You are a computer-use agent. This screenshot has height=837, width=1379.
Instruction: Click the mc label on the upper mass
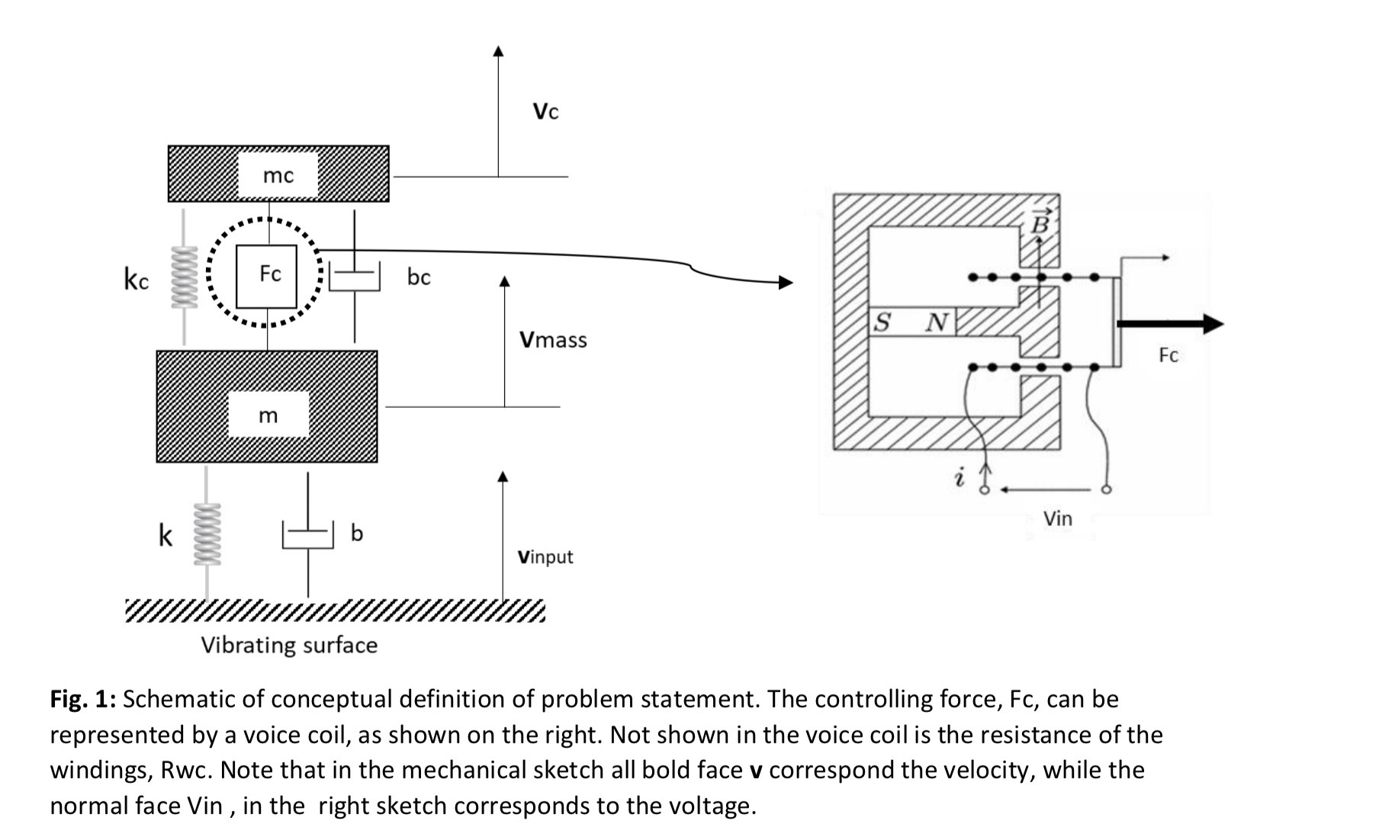pos(278,176)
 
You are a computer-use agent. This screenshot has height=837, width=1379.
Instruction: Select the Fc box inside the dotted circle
pos(267,275)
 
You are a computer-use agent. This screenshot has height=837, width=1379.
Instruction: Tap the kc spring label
pos(137,279)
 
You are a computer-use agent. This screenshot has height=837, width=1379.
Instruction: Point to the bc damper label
pos(418,277)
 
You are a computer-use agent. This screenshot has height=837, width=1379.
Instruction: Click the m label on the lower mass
pos(268,415)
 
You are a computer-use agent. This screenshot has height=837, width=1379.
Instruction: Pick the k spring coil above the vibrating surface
pos(207,533)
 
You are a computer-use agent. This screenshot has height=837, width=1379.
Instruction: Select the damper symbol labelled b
pos(308,534)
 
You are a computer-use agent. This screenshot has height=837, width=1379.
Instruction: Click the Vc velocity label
pos(545,112)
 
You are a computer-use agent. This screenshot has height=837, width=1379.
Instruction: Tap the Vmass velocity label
pos(553,339)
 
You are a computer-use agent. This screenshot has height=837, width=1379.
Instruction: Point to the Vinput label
pos(545,556)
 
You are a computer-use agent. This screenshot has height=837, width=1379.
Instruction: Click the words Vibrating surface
pos(289,645)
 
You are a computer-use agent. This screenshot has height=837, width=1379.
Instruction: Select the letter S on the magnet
pos(882,322)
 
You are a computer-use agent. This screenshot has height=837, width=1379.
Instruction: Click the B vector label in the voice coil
pos(1040,223)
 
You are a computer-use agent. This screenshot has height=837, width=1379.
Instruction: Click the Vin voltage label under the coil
pos(1057,519)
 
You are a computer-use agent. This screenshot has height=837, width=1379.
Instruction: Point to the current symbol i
pos(960,478)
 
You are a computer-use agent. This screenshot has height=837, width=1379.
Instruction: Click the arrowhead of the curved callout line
pos(786,283)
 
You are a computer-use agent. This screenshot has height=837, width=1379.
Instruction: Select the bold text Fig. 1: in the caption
pos(82,699)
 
